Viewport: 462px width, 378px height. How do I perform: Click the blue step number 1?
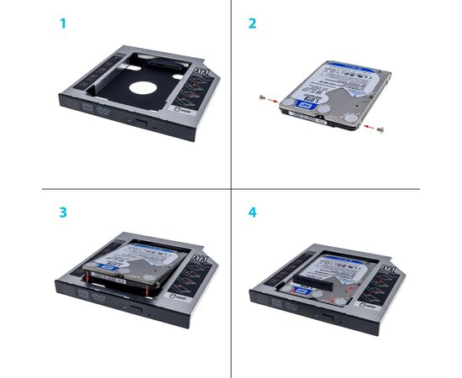pos(61,24)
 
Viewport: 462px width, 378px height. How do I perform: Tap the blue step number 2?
pos(252,24)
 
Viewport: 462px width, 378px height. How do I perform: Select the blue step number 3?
pos(62,213)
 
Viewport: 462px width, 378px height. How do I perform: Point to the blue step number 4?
pos(252,213)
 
